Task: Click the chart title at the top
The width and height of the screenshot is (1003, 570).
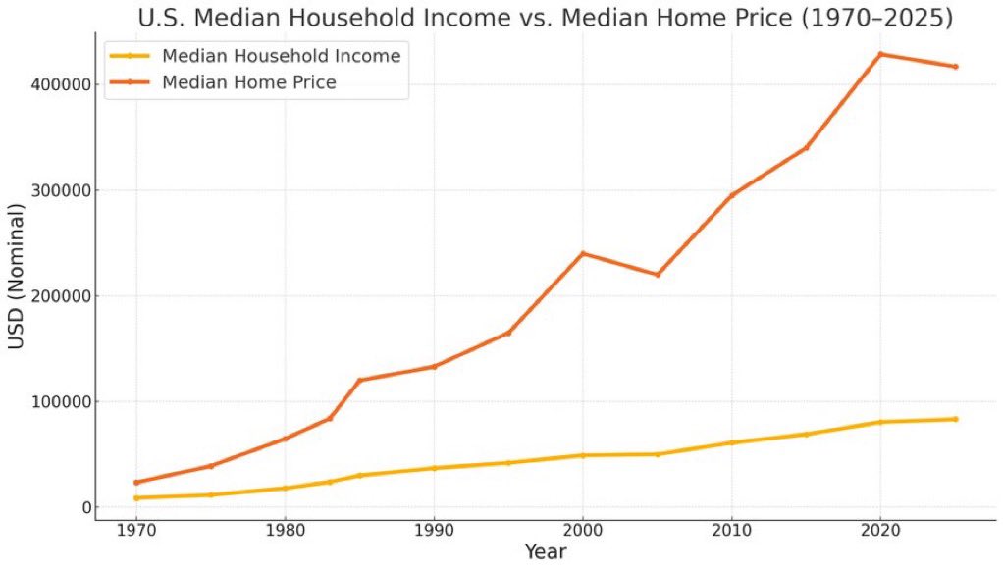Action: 545,18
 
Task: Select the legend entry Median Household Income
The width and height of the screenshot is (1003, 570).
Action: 281,56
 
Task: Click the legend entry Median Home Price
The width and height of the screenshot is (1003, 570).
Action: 248,82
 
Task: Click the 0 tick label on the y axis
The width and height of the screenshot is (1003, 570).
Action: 86,508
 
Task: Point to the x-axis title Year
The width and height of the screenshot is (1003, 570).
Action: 545,553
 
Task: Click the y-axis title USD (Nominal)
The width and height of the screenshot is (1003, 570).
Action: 17,277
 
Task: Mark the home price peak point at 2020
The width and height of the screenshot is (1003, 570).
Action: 880,54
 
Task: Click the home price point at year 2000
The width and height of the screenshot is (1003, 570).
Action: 583,253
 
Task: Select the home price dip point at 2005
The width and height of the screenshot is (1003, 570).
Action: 658,275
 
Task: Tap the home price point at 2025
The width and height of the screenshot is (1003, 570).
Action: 955,67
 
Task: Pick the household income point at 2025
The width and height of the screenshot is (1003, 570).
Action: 955,419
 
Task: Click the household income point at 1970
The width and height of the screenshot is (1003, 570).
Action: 136,498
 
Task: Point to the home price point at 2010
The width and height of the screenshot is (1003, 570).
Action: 731,196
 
